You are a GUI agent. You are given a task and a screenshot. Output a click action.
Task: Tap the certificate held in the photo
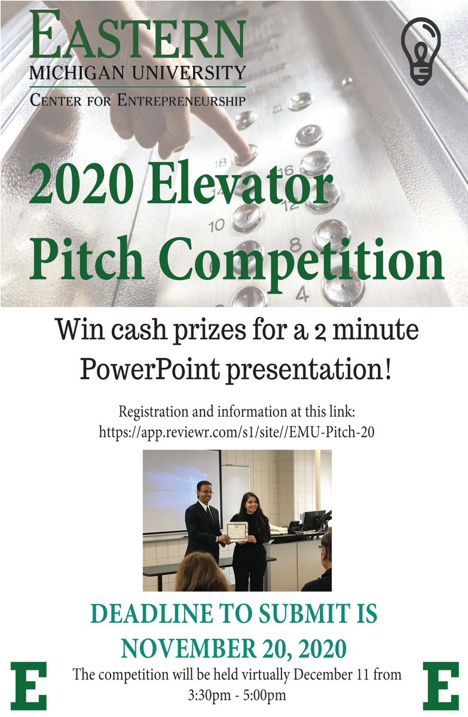point(237,531)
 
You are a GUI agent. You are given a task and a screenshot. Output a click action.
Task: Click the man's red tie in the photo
point(209,515)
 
